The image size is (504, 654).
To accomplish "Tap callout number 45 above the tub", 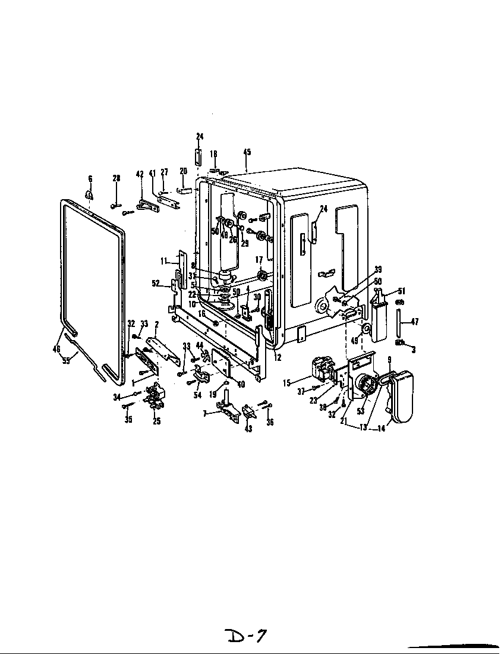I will click(x=247, y=152).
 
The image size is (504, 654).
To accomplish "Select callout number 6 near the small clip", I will click(x=90, y=178).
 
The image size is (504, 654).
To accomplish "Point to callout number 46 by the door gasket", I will click(x=56, y=349).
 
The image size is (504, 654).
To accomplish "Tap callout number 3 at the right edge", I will click(x=414, y=350).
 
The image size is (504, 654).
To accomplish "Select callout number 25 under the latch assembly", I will click(x=157, y=422).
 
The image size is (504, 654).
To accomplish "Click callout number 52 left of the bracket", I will click(x=156, y=284).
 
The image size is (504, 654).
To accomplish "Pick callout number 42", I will click(x=140, y=174).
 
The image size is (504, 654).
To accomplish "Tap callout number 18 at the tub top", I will click(x=214, y=153).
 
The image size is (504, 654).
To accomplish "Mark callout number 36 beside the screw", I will click(x=271, y=423).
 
